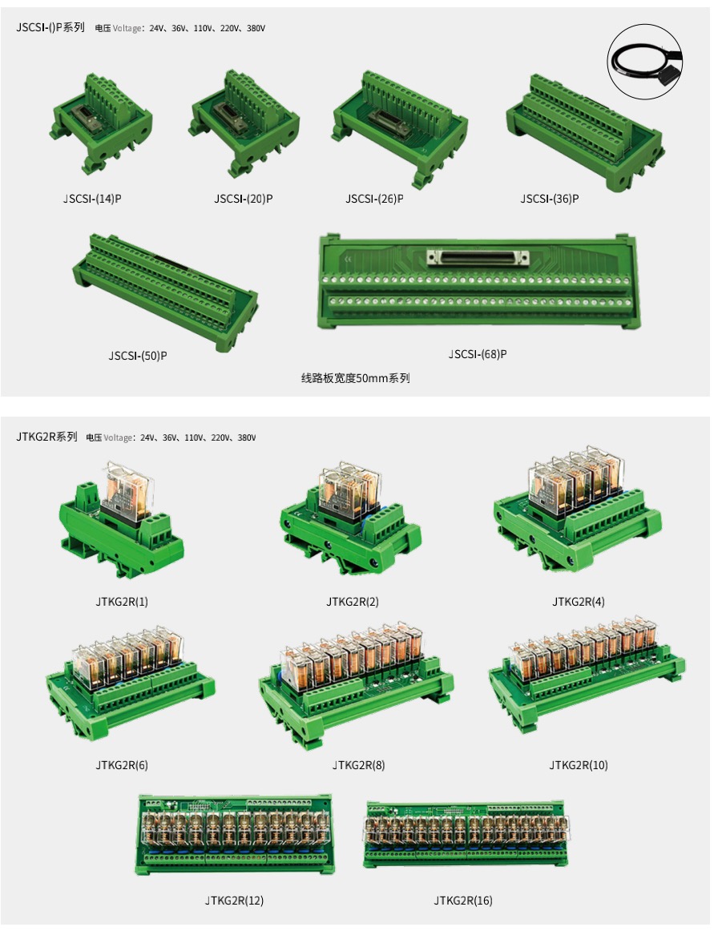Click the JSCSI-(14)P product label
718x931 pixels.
point(92,199)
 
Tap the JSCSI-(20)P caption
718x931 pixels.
point(244,199)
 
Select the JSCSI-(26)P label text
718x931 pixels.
point(375,199)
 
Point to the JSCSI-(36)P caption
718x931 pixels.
point(550,199)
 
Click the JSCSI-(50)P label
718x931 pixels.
point(138,356)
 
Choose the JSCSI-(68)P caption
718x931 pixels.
point(478,354)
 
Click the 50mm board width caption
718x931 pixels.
point(355,378)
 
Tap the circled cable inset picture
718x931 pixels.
point(645,62)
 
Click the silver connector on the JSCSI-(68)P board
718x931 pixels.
point(478,258)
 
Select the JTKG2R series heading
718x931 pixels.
point(47,437)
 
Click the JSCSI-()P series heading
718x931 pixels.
point(50,27)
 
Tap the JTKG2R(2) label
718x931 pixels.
point(352,602)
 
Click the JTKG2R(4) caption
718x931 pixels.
point(579,602)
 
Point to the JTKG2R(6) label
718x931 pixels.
point(122,764)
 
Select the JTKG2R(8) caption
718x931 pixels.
point(359,764)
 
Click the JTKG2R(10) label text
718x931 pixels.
point(579,764)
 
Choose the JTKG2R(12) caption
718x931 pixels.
point(234,901)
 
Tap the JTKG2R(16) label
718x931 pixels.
point(463,901)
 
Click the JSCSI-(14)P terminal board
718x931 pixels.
point(101,123)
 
